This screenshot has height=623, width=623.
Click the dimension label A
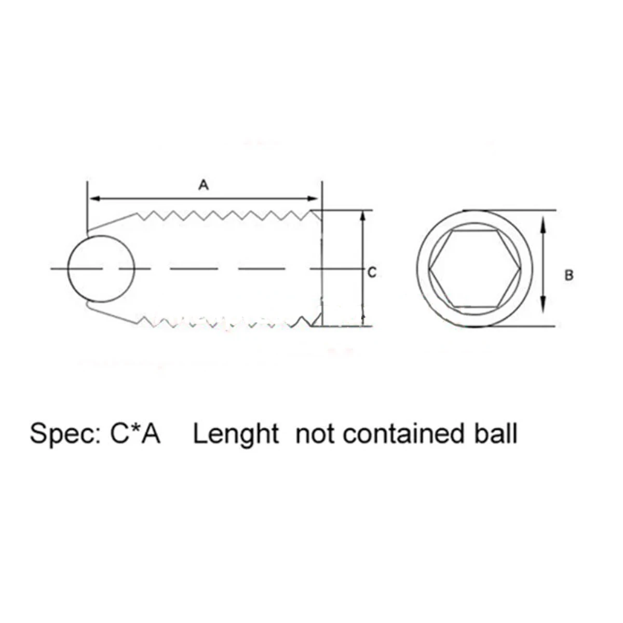(204, 185)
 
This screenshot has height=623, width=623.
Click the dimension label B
(568, 275)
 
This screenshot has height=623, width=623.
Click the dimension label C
(372, 273)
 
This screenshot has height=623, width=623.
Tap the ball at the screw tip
(101, 268)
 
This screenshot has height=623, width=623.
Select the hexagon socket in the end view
(475, 268)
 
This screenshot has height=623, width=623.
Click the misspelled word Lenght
(236, 435)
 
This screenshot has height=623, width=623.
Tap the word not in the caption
(316, 434)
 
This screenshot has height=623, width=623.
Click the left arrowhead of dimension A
(94, 198)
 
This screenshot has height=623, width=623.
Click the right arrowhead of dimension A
(313, 198)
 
